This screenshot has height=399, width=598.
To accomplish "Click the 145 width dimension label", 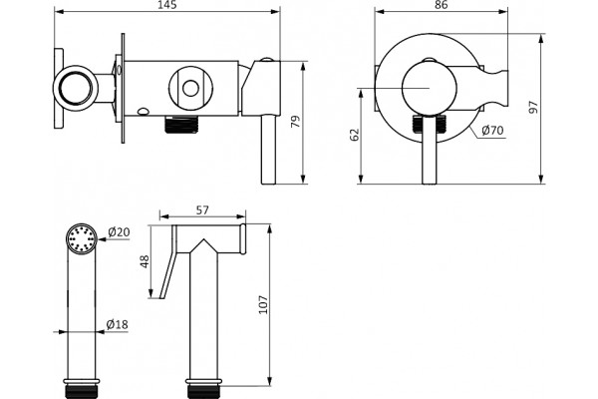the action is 167,5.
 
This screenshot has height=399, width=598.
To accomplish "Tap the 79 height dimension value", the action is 296,122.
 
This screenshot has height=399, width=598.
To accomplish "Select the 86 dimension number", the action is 441,5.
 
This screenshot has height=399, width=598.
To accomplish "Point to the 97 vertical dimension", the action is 533,108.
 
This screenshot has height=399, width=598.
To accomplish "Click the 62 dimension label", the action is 355,135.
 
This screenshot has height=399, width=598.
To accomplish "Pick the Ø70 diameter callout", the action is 492,131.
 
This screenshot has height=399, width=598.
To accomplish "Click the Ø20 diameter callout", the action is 119,231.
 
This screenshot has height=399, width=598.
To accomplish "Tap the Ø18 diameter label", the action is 117,324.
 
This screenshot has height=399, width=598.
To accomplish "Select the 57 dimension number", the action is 202,210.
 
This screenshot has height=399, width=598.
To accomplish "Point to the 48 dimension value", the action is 145,261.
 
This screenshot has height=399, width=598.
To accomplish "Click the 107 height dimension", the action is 263,304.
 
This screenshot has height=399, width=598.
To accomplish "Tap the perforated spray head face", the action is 82,239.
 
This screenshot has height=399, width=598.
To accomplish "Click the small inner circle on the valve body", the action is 190,89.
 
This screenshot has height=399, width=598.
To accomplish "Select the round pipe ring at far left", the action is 76,88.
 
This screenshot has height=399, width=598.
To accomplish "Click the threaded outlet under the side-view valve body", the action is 182,124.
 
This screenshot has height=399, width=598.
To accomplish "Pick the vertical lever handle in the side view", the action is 268,150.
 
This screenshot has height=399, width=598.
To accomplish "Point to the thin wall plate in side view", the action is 123,89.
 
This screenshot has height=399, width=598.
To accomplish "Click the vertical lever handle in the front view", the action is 429,150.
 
